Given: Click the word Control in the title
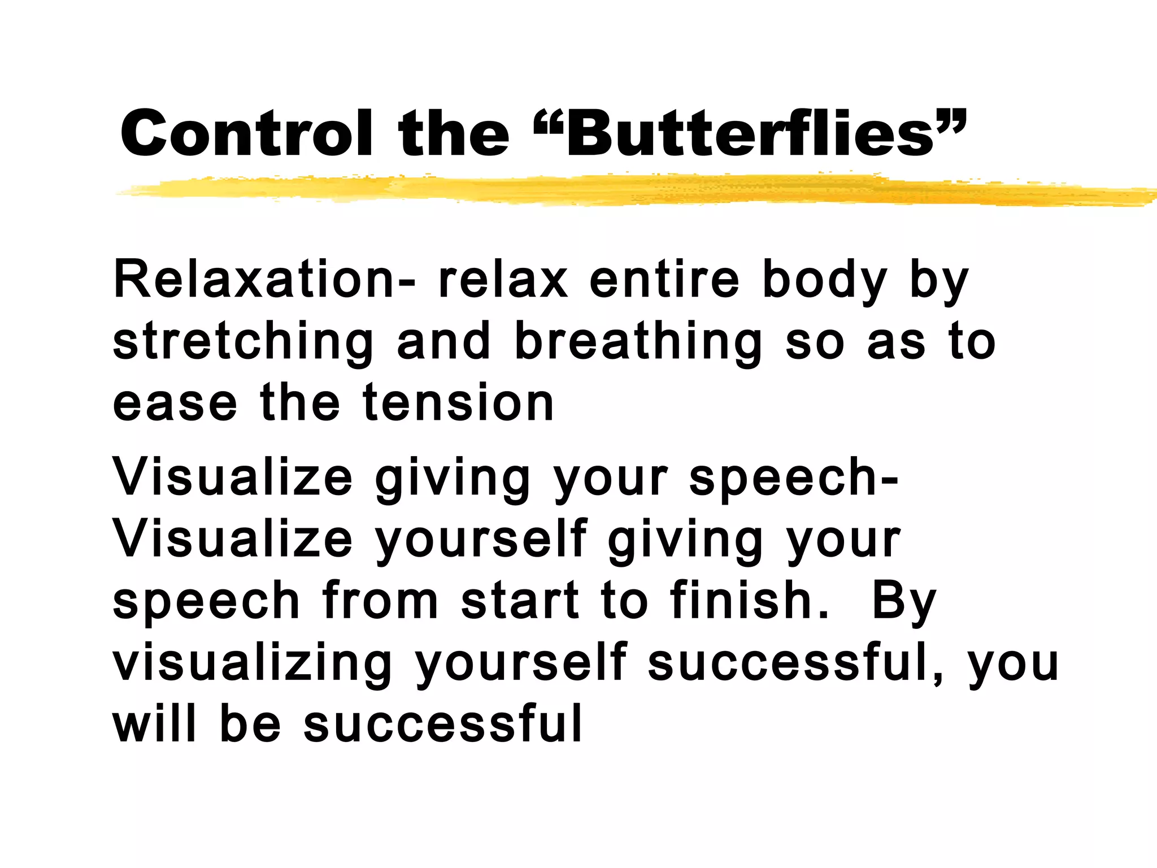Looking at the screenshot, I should (246, 133).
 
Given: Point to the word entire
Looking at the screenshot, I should (664, 280).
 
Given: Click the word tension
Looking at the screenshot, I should (458, 403).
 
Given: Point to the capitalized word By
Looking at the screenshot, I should (904, 602).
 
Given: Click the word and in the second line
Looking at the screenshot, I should (443, 342).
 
